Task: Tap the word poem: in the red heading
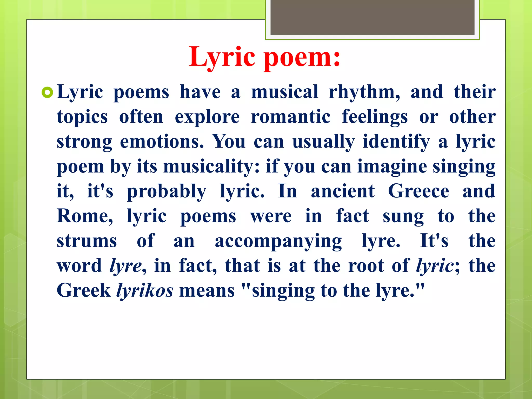(302, 57)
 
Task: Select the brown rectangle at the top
(372, 17)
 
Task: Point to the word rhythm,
(364, 92)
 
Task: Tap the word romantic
(291, 117)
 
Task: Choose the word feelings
(375, 117)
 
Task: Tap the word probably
(167, 191)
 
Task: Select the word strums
(87, 241)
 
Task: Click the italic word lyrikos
(145, 291)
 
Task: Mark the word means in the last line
(207, 291)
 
